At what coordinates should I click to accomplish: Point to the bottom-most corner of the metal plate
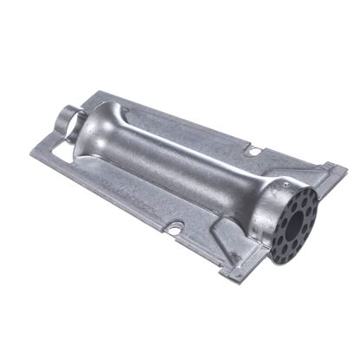(x=227, y=278)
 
